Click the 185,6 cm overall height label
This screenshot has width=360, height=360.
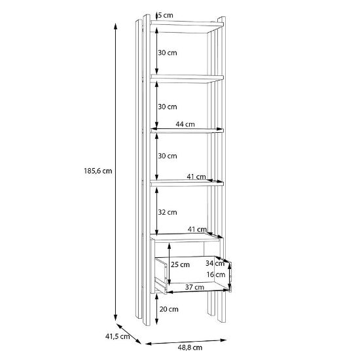coord(98,171)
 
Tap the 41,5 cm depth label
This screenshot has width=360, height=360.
coord(118,336)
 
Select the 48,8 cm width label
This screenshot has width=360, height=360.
coord(190,348)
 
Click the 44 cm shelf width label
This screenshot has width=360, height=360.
coord(185,124)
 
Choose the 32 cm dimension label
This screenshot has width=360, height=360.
coord(168,212)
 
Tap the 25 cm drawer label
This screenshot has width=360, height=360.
coord(180,264)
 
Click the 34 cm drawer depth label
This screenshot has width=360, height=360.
coord(215,263)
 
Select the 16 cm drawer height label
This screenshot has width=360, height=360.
coord(216,274)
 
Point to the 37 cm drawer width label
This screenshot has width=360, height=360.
coord(194,287)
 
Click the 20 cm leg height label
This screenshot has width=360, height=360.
coord(169,309)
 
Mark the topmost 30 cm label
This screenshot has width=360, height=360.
coord(168,53)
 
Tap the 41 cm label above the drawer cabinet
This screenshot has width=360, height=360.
coord(197,229)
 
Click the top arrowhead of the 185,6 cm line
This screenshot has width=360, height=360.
coord(116,26)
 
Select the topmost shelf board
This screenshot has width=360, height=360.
coord(187,24)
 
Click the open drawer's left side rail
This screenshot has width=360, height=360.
coord(161,276)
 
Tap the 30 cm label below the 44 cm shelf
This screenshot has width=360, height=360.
coord(168,156)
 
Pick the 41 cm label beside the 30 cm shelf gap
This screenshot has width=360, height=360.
coord(196,177)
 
